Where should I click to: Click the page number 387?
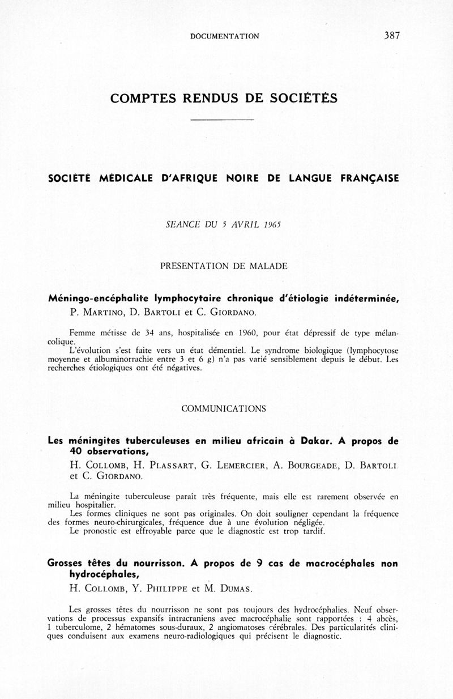coord(392,35)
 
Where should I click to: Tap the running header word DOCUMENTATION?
coord(225,36)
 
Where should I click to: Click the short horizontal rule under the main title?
coord(221,120)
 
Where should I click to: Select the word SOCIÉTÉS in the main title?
coord(306,98)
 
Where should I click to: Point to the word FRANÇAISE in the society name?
coord(370,178)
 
